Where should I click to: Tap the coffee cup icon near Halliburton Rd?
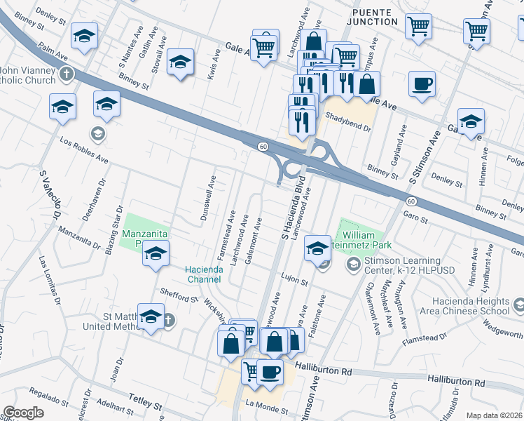[x=268, y=373]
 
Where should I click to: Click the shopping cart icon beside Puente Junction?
[x=418, y=27]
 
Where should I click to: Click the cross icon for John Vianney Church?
[x=66, y=74]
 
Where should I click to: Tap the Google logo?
[x=23, y=413]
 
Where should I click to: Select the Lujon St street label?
[x=295, y=281]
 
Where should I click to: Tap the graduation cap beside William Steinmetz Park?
[x=317, y=246]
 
